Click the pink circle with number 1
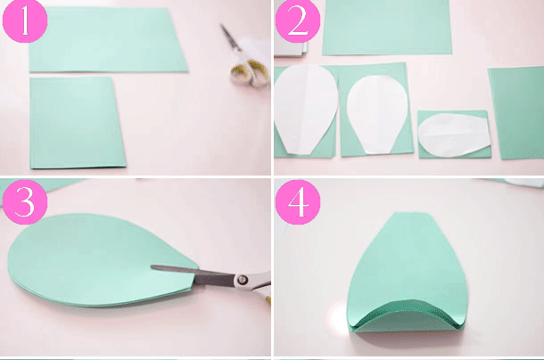tap(25, 21)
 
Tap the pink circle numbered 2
tap(298, 21)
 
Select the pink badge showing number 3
tap(25, 202)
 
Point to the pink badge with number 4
tap(298, 202)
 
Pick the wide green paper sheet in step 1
tap(108, 40)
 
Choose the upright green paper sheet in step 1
tap(77, 122)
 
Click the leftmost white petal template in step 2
tap(305, 110)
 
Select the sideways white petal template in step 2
tap(454, 135)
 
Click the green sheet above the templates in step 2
tap(387, 27)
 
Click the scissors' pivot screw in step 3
tap(243, 279)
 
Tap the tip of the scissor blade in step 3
tap(152, 266)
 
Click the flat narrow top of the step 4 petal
tap(411, 213)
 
